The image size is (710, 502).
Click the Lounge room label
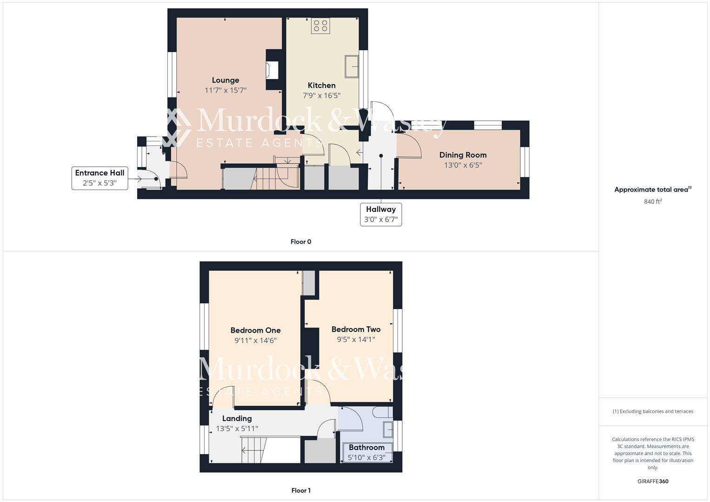pyautogui.click(x=226, y=80)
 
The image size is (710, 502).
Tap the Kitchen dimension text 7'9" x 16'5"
pyautogui.click(x=322, y=96)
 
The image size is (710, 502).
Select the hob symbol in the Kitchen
pyautogui.click(x=320, y=26)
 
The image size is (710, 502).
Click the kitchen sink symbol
pyautogui.click(x=352, y=66)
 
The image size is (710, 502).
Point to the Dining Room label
pyautogui.click(x=463, y=155)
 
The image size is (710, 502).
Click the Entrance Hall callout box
pyautogui.click(x=100, y=178)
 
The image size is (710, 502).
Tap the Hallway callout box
pyautogui.click(x=381, y=214)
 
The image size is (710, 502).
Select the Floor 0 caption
pyautogui.click(x=301, y=242)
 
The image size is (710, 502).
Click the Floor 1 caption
pyautogui.click(x=301, y=490)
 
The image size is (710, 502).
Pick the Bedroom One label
pyautogui.click(x=255, y=330)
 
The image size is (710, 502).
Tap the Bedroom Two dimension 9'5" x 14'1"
pyautogui.click(x=356, y=340)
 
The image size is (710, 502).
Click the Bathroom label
pyautogui.click(x=366, y=448)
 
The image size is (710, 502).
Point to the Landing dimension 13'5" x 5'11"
pyautogui.click(x=237, y=429)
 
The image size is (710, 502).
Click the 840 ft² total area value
pyautogui.click(x=653, y=202)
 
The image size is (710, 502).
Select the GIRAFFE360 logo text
pyautogui.click(x=653, y=481)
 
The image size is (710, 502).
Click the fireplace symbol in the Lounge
pyautogui.click(x=272, y=70)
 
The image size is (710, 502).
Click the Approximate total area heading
pyautogui.click(x=652, y=190)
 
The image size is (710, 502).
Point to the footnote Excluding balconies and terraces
pyautogui.click(x=653, y=411)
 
